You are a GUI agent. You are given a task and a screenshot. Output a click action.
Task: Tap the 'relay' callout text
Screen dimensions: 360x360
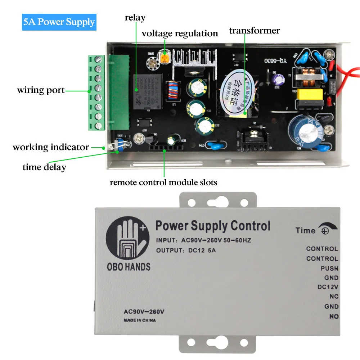pyautogui.click(x=135, y=17)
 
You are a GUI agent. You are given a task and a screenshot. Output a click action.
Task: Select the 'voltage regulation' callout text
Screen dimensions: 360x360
pyautogui.click(x=180, y=33)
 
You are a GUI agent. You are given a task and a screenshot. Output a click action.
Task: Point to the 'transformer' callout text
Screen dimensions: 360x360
pyautogui.click(x=254, y=31)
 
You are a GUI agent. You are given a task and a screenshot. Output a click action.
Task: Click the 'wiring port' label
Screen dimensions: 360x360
pyautogui.click(x=41, y=90)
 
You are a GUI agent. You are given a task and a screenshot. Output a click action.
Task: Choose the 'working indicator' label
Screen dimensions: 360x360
pyautogui.click(x=51, y=147)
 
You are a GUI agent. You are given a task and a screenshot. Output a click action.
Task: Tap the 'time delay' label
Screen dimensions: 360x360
pyautogui.click(x=44, y=167)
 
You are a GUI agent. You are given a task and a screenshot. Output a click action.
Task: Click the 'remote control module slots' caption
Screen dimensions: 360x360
pyautogui.click(x=163, y=183)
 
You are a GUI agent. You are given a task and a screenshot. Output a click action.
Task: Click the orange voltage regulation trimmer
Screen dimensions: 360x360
pyautogui.click(x=165, y=57)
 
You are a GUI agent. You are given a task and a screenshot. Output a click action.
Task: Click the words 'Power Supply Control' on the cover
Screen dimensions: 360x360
pyautogui.click(x=212, y=226)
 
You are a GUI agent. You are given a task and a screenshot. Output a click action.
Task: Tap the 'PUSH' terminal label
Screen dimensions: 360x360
pyautogui.click(x=329, y=269)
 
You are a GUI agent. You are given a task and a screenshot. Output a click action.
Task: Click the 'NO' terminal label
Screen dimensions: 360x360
pyautogui.click(x=334, y=316)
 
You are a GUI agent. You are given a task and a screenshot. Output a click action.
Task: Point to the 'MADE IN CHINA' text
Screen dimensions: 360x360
pyautogui.click(x=140, y=320)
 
